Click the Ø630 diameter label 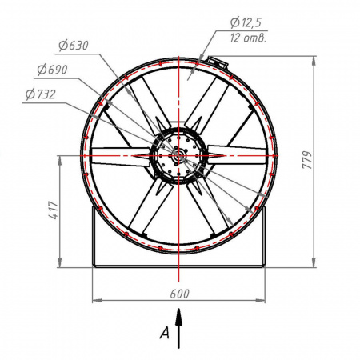74,46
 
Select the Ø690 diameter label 52,70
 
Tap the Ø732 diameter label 41,94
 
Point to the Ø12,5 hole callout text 246,22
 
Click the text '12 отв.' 248,38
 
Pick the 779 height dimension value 307,160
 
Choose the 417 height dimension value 54,210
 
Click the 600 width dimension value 179,294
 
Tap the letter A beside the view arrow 165,333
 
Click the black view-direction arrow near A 178,328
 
